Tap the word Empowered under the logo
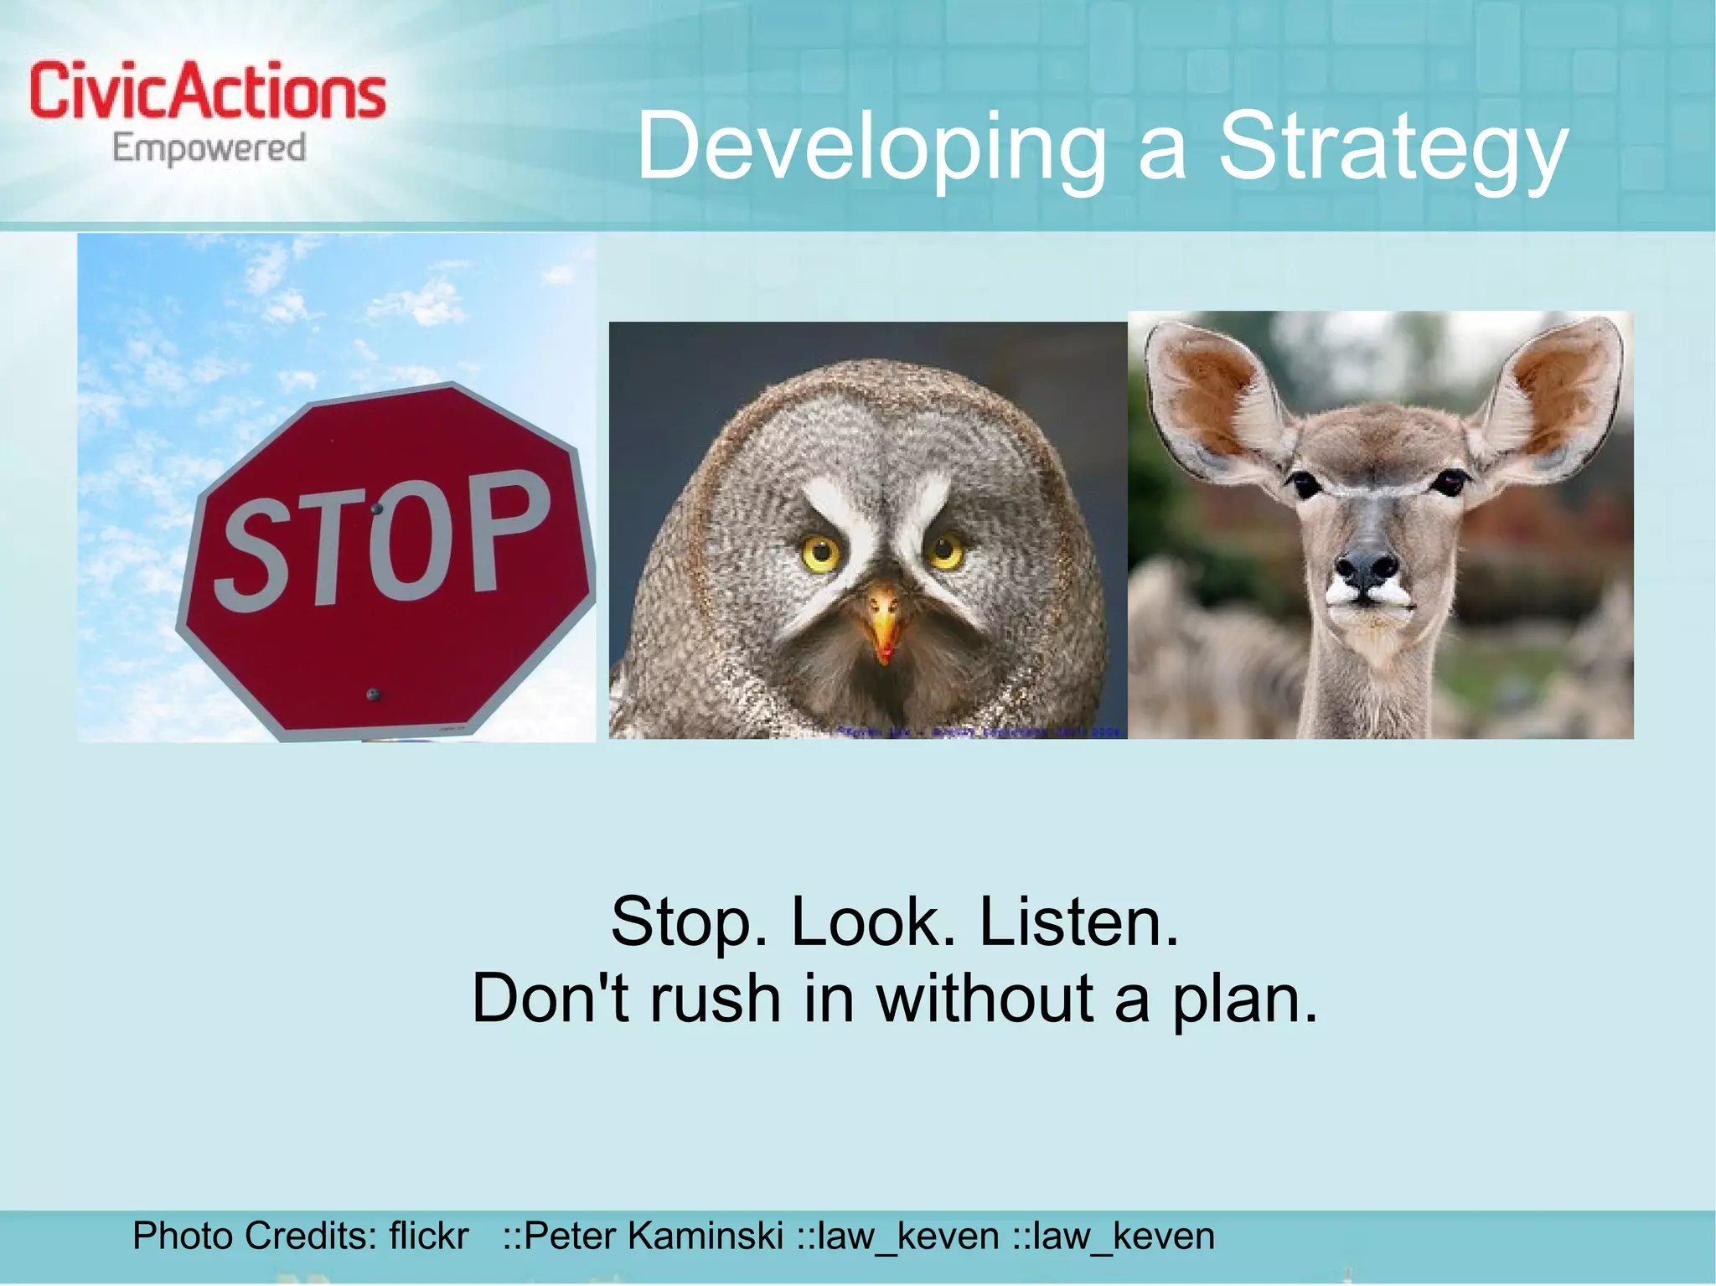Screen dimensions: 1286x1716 click(x=209, y=149)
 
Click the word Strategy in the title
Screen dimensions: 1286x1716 click(x=1391, y=147)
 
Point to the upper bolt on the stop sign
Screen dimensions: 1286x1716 click(x=377, y=508)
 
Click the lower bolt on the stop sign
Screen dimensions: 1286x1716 click(x=374, y=694)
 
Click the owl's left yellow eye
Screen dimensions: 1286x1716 click(x=820, y=553)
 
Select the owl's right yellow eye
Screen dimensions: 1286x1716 click(x=946, y=550)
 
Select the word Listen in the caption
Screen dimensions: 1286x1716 click(x=1079, y=922)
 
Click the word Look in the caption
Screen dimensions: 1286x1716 click(x=873, y=922)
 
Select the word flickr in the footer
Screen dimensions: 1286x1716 click(x=428, y=1236)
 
